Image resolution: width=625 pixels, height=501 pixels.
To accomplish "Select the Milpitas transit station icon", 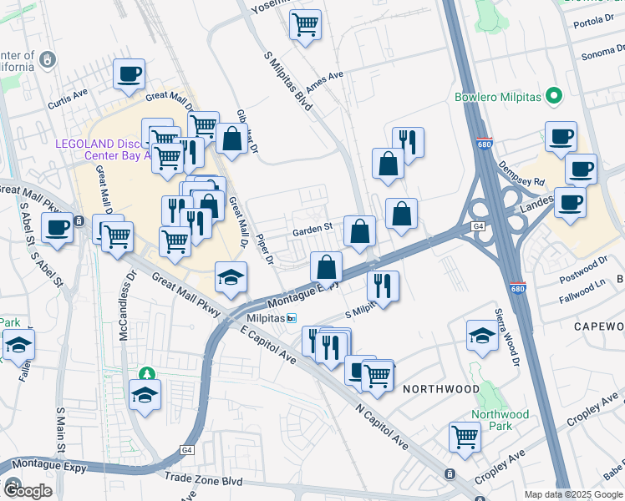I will (292, 318).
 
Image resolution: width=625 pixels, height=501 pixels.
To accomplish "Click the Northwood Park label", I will (500, 420).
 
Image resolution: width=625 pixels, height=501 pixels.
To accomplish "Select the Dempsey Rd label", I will (526, 181).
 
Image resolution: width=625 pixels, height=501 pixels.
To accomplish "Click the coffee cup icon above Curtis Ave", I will (129, 74).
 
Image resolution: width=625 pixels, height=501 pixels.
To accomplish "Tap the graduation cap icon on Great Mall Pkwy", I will (231, 278).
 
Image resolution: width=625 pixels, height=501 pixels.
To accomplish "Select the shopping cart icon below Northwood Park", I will (465, 436).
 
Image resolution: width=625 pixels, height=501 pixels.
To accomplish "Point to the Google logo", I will (27, 491).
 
